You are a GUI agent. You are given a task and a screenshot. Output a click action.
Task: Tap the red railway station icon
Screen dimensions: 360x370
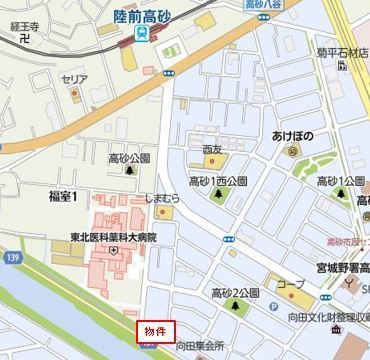[141, 34]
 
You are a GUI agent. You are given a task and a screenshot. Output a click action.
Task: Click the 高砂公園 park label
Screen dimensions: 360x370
[129, 158]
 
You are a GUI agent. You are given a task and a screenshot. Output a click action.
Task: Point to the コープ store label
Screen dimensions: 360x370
[292, 284]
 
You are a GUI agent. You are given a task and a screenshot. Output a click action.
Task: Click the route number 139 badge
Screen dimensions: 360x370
[12, 259]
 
